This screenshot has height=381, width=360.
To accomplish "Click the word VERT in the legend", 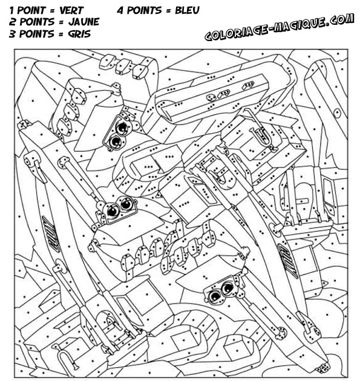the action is [x=71, y=10].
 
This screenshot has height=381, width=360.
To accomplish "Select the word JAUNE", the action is [x=84, y=22].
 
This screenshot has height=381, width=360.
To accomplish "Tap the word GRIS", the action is [x=79, y=34].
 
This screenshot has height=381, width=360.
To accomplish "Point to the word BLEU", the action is [x=187, y=10].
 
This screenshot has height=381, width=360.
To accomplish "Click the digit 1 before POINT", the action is [x=11, y=10].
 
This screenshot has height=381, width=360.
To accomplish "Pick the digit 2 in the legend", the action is [x=13, y=22].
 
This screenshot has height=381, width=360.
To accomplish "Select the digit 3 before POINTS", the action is [x=12, y=34].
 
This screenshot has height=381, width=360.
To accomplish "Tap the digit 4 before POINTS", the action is [x=120, y=10].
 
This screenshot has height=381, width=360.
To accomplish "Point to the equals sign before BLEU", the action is [x=168, y=11].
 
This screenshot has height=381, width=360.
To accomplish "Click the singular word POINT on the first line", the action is [x=31, y=10].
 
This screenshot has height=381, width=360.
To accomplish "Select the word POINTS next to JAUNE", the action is [x=37, y=22].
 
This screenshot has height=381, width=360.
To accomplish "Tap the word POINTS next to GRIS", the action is [x=36, y=34].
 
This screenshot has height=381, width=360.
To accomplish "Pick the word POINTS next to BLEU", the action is [x=145, y=10].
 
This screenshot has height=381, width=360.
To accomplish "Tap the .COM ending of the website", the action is [x=340, y=19].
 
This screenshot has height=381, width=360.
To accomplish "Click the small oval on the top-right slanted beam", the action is [x=337, y=112].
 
